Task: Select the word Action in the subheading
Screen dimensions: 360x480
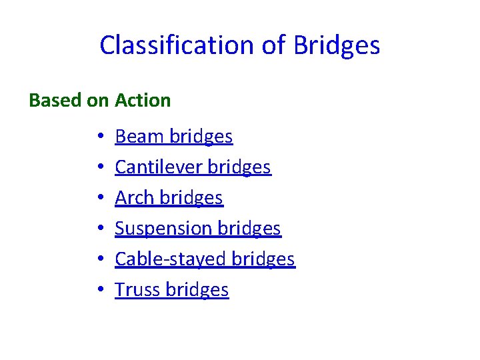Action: (x=143, y=101)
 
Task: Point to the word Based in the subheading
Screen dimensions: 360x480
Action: (x=56, y=101)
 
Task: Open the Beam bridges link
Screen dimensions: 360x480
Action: (x=173, y=137)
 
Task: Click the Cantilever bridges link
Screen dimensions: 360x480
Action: (x=193, y=167)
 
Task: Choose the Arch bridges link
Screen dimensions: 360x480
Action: (x=169, y=198)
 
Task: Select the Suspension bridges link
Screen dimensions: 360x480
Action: (x=198, y=229)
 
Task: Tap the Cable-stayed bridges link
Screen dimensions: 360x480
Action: (x=205, y=259)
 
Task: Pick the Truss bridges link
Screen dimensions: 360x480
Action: (x=171, y=290)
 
